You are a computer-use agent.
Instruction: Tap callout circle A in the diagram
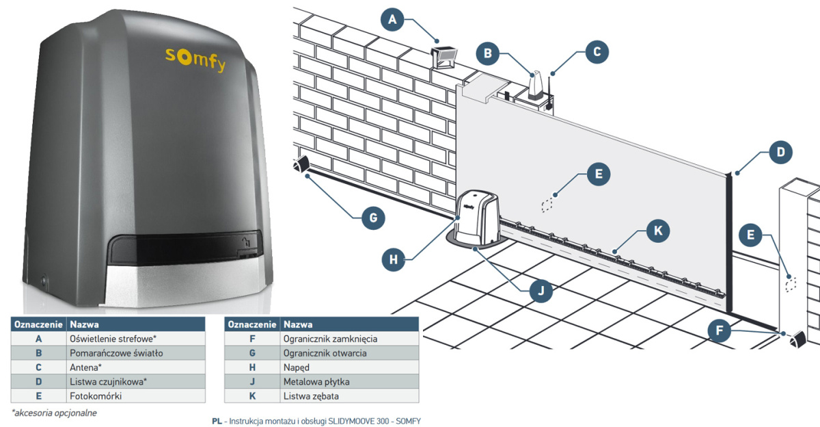click(392, 20)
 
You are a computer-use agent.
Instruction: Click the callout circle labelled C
click(597, 51)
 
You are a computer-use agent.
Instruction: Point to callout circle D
click(780, 151)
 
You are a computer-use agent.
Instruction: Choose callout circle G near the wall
click(372, 218)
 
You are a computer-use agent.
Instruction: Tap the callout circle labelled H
click(393, 259)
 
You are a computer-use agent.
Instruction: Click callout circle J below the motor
click(541, 290)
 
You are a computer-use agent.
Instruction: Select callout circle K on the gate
click(657, 231)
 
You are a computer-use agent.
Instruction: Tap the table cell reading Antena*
click(86, 367)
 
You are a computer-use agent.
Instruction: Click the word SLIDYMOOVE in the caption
click(349, 421)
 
